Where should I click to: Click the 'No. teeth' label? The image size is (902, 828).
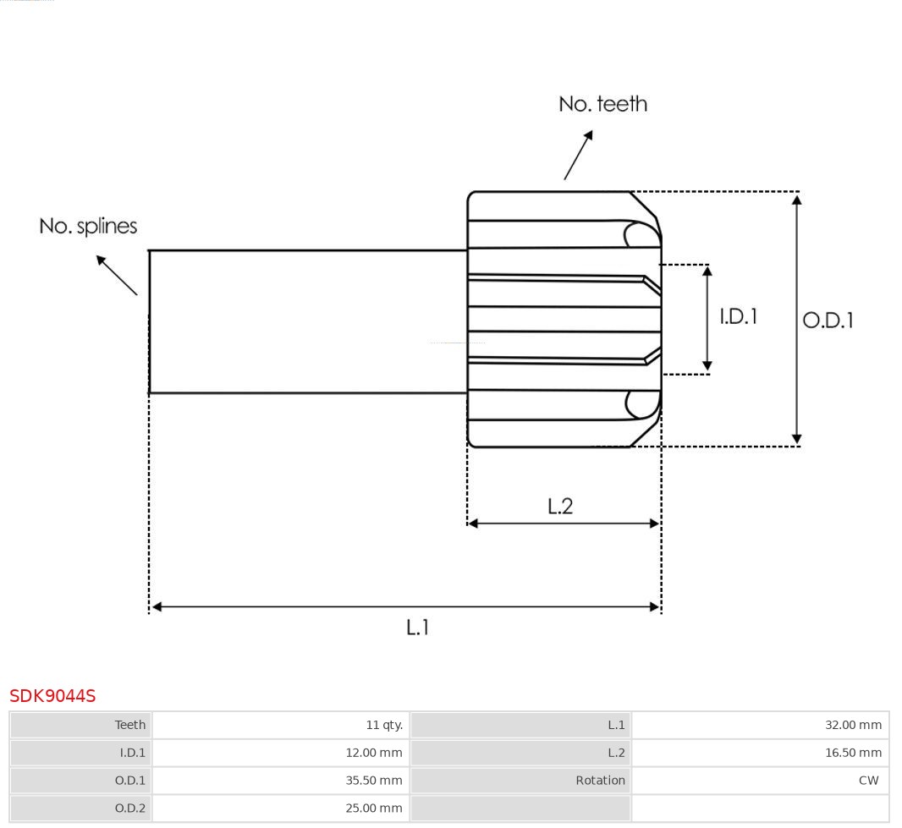coord(602,104)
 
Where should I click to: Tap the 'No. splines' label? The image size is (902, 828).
coord(88,226)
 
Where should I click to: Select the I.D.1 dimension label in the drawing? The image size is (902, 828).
coord(738,316)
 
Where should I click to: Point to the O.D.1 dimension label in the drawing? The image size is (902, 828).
coord(828,320)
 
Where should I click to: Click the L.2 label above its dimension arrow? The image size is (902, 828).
coord(560,506)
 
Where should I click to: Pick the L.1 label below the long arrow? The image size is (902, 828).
coord(418,628)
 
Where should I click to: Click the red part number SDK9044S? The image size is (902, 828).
coord(52,696)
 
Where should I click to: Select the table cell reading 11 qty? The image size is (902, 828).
coord(384,725)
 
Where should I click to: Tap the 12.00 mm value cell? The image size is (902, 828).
coord(374,753)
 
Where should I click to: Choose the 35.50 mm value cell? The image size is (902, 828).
coord(374,781)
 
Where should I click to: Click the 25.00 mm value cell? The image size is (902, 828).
coord(374,809)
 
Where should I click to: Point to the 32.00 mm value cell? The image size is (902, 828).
coord(853,725)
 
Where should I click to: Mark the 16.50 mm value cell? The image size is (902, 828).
coord(853,753)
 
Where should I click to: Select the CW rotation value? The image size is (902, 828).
coord(868,781)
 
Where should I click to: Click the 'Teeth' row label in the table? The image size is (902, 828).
coord(130,725)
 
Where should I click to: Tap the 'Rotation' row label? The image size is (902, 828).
coord(600,781)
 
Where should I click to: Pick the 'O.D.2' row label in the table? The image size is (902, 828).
coord(130,809)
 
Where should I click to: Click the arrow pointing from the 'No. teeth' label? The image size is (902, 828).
coord(578,155)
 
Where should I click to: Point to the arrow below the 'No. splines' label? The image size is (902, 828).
coord(117,275)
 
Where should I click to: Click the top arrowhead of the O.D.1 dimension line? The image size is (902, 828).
coord(796,200)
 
